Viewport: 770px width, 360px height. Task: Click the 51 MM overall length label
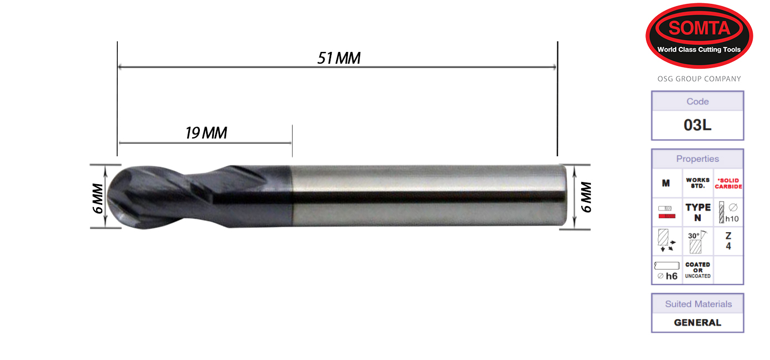(x=338, y=58)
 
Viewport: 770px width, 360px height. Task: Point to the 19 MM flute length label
(x=206, y=133)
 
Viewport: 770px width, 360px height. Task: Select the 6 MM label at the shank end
(x=586, y=197)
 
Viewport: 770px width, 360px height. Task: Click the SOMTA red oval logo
(x=699, y=36)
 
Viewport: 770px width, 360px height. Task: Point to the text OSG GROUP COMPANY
(x=699, y=79)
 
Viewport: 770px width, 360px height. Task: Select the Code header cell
(x=697, y=102)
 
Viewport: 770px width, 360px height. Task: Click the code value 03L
(x=697, y=125)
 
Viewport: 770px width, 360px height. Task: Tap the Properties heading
(x=697, y=159)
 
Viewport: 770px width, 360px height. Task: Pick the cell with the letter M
(x=666, y=184)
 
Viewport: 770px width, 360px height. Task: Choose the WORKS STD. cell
(x=697, y=184)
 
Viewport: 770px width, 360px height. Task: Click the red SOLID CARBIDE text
(x=728, y=184)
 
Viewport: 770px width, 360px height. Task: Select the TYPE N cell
(x=697, y=213)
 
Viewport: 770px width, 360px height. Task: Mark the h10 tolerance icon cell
(x=728, y=213)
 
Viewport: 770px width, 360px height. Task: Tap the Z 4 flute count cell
(x=728, y=242)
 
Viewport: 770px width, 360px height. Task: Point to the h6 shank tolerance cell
(x=667, y=271)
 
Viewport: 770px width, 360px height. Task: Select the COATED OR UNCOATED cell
(x=697, y=270)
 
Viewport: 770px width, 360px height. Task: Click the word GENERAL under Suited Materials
(x=697, y=323)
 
